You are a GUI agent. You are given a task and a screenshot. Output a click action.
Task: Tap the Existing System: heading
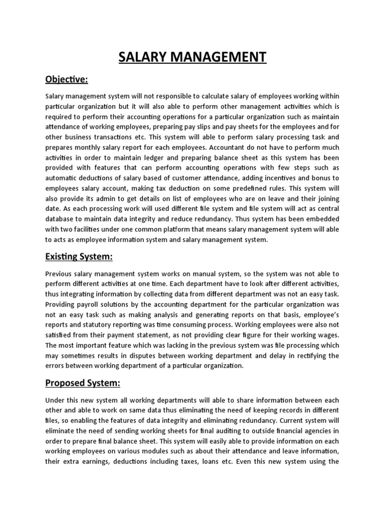coord(79,256)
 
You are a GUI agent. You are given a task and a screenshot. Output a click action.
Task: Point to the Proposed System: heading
coord(82,383)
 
